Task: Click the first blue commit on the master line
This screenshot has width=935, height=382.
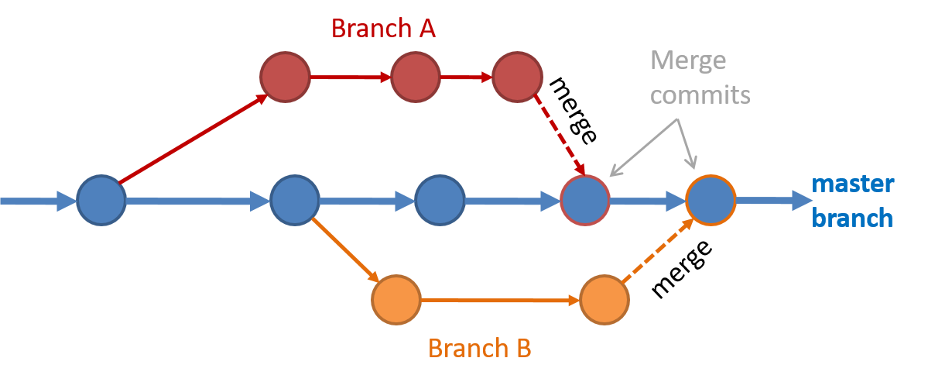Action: [x=101, y=201]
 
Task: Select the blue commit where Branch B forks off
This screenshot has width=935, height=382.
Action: [x=295, y=201]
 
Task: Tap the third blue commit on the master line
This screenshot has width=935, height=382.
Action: [x=440, y=201]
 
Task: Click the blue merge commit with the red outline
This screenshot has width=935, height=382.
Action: [x=585, y=201]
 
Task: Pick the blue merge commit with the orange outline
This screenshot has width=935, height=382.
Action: [x=711, y=201]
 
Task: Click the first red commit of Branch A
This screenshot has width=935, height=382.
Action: [x=285, y=77]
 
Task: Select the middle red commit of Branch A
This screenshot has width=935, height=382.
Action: [x=416, y=77]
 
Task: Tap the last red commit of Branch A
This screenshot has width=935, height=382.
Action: [x=517, y=77]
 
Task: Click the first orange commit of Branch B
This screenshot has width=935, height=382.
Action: [x=396, y=300]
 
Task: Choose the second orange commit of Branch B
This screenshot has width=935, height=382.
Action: [x=604, y=300]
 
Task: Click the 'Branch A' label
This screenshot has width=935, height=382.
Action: [x=383, y=29]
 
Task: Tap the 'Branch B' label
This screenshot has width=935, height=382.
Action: [x=480, y=348]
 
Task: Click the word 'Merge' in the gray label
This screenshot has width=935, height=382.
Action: [x=688, y=60]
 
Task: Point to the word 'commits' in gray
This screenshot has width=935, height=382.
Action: [x=700, y=95]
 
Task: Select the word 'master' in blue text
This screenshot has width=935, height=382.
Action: [x=853, y=184]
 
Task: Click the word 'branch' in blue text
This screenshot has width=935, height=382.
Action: [x=852, y=218]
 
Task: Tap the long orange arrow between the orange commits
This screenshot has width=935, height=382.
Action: [x=500, y=300]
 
